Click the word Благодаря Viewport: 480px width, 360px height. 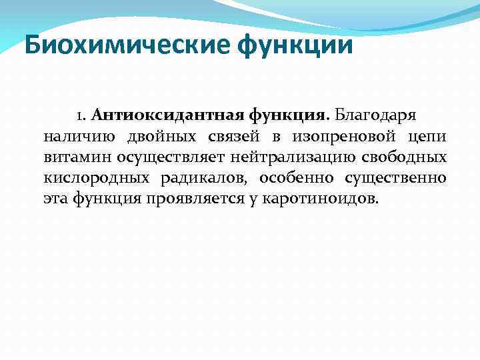coord(375,115)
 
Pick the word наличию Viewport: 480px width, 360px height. coord(78,137)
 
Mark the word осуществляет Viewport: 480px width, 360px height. coord(174,158)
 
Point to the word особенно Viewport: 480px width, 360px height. coord(296,179)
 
